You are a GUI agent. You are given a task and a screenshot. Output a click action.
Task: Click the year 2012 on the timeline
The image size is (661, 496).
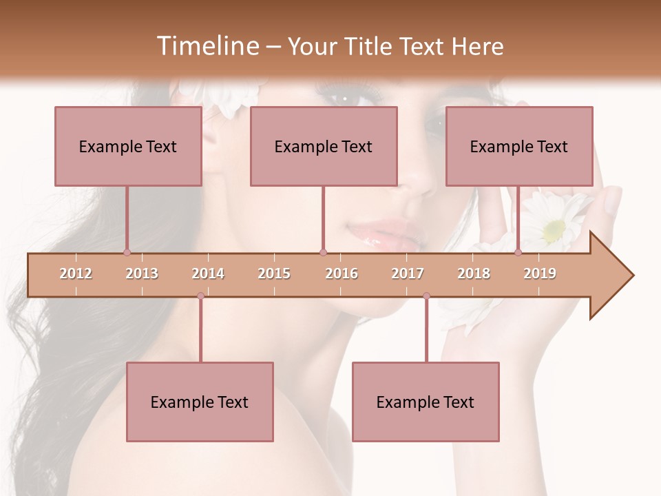pyautogui.click(x=76, y=273)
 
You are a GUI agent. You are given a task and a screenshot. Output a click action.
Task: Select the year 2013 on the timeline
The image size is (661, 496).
pyautogui.click(x=142, y=273)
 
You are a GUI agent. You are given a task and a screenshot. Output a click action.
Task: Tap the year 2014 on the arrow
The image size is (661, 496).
pyautogui.click(x=208, y=273)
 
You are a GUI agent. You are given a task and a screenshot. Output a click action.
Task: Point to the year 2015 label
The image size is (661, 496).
pyautogui.click(x=274, y=273)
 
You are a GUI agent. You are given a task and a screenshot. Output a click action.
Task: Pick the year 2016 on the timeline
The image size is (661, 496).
pyautogui.click(x=342, y=273)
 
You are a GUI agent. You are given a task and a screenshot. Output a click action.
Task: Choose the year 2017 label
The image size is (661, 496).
pyautogui.click(x=408, y=273)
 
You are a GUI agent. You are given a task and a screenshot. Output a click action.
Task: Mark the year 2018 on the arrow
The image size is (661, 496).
pyautogui.click(x=474, y=273)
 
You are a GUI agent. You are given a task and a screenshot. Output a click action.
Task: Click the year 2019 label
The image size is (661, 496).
pyautogui.click(x=540, y=273)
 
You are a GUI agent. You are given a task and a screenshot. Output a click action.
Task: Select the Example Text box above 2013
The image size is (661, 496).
pyautogui.click(x=128, y=146)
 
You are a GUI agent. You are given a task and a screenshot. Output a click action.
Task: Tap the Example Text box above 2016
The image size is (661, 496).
pyautogui.click(x=324, y=146)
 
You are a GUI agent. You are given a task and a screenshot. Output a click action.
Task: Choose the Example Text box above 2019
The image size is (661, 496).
pyautogui.click(x=519, y=146)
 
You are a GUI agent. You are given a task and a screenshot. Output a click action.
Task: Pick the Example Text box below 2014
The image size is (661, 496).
pyautogui.click(x=200, y=402)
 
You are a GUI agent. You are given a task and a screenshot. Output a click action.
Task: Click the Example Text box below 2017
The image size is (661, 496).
pyautogui.click(x=426, y=402)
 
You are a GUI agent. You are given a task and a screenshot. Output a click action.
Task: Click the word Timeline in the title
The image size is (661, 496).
pyautogui.click(x=207, y=46)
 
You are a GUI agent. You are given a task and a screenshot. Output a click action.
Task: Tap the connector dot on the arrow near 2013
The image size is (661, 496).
pyautogui.click(x=127, y=253)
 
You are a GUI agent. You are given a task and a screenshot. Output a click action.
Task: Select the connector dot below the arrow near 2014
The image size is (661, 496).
pyautogui.click(x=200, y=296)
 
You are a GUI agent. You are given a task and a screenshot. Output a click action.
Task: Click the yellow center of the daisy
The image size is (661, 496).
pyautogui.click(x=553, y=231)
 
